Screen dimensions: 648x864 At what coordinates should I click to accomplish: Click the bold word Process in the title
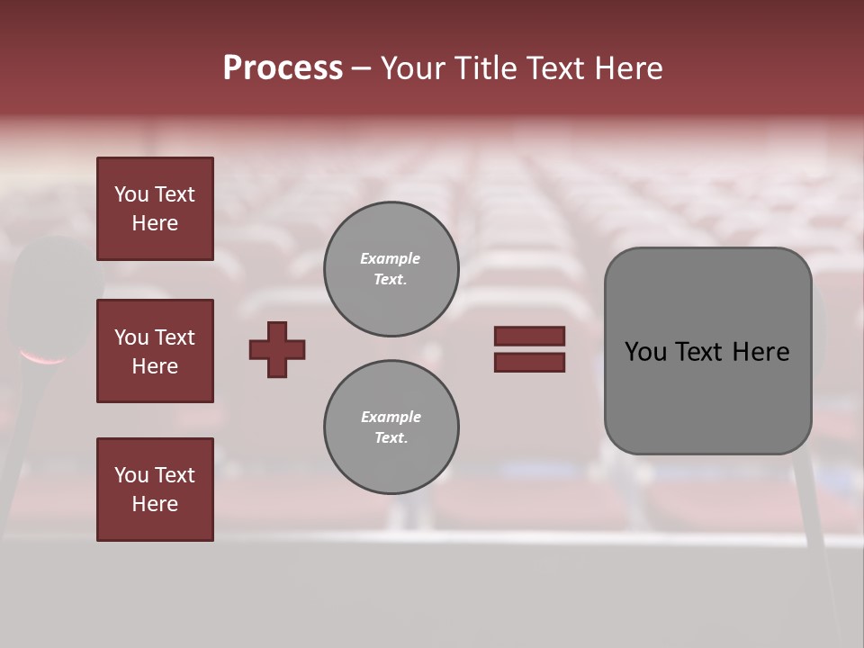283,68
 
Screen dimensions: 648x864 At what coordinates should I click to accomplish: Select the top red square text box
155,209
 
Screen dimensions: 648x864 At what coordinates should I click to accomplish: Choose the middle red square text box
155,351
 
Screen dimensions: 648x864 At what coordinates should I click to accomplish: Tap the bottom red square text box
155,490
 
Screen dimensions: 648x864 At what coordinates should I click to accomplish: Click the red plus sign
277,349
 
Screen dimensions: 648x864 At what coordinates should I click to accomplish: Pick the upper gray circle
391,269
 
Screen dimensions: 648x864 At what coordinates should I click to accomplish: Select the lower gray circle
391,427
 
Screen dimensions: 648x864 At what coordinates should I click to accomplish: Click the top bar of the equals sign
529,336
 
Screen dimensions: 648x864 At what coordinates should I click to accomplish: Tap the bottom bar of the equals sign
529,362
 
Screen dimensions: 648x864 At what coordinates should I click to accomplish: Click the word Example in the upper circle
390,258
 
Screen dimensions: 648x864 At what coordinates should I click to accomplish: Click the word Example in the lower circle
391,417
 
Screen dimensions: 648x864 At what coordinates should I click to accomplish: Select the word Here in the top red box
155,223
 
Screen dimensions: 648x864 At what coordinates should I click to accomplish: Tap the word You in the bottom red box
131,475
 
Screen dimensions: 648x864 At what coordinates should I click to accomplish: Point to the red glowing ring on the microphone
43,359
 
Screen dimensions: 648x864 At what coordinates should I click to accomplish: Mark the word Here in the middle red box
155,366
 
